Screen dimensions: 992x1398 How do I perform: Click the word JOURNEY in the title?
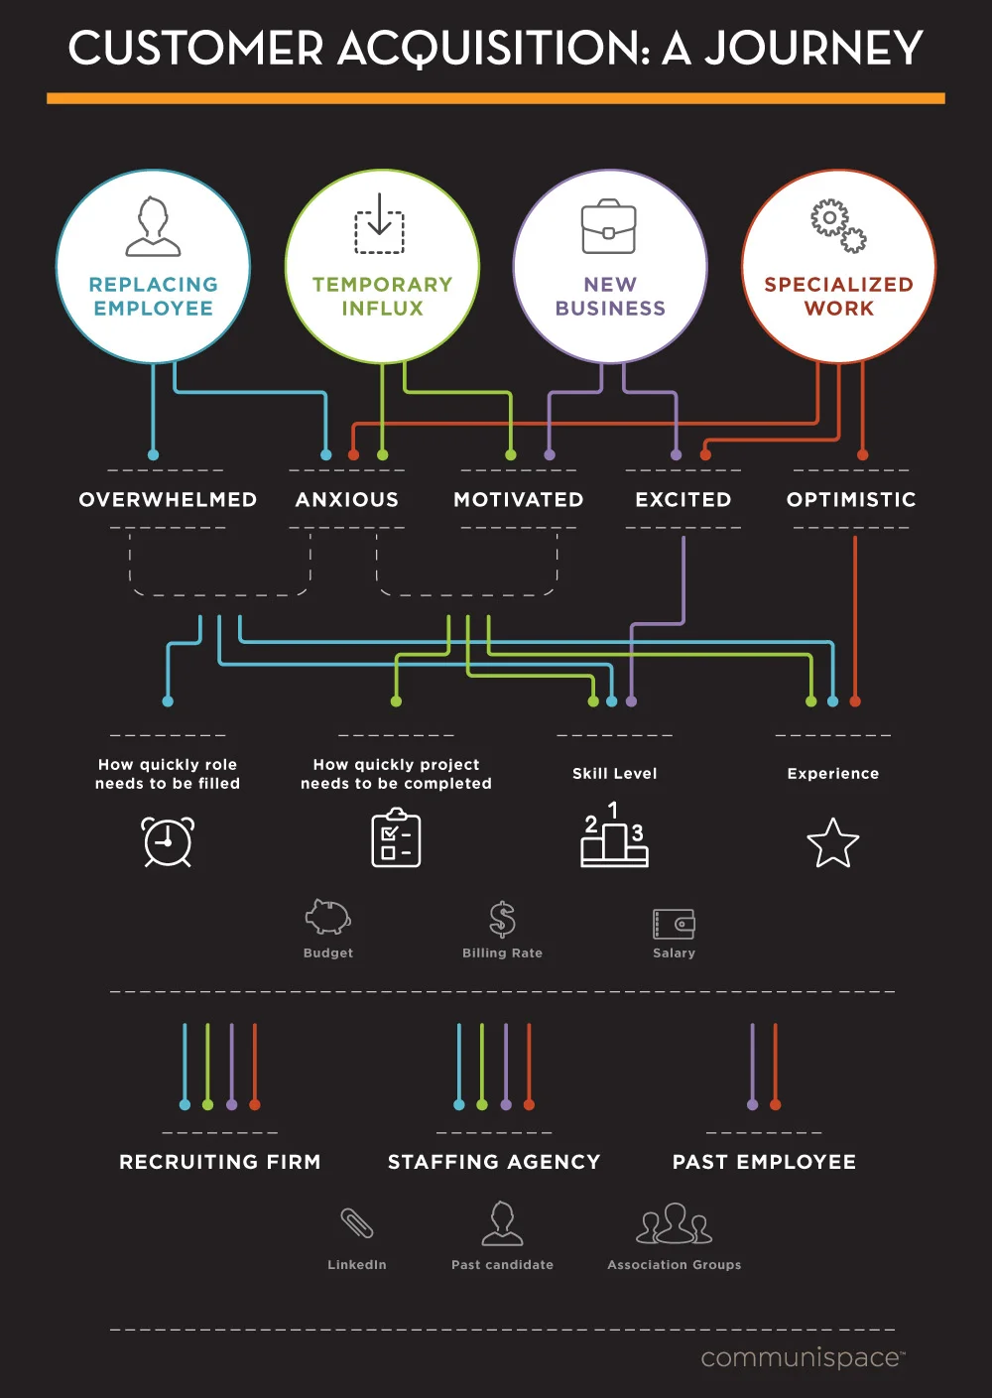click(813, 49)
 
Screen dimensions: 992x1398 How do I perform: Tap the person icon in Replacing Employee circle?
click(153, 227)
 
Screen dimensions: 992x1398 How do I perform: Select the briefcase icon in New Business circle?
click(609, 227)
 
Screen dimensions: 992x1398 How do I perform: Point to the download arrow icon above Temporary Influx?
click(380, 223)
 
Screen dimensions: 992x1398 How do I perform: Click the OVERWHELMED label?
click(168, 499)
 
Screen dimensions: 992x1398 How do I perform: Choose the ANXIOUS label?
click(347, 499)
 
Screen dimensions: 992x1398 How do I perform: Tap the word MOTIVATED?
click(518, 499)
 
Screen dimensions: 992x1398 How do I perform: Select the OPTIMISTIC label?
click(851, 499)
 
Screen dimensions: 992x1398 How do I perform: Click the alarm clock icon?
click(168, 842)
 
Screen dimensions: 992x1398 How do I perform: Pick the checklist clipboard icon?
click(396, 838)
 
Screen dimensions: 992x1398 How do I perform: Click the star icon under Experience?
click(832, 843)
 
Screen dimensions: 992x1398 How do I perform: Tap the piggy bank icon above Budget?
click(327, 918)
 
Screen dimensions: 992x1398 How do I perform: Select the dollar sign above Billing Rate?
click(502, 919)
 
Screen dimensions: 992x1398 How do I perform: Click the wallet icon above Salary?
click(674, 924)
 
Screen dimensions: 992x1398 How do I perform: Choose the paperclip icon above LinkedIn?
click(357, 1223)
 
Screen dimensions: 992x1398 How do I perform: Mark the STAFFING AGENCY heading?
click(494, 1162)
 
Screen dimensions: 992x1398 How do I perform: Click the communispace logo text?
click(802, 1357)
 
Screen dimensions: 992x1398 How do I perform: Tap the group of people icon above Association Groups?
click(675, 1223)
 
